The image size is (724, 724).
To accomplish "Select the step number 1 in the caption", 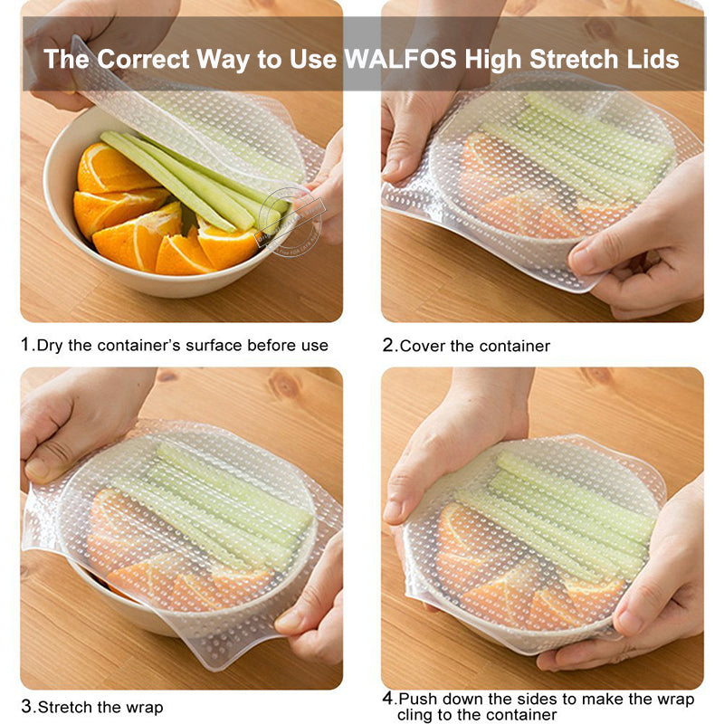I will [x=25, y=345].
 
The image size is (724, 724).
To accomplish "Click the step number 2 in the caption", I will [x=387, y=345].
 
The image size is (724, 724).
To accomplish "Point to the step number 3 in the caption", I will [x=26, y=706].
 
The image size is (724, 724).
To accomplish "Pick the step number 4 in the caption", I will [x=387, y=699].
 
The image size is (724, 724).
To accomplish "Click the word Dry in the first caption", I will [x=50, y=345].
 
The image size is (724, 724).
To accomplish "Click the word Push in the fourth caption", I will [x=418, y=699].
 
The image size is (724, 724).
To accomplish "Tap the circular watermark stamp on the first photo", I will [x=290, y=221].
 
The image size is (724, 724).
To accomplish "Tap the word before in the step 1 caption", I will [x=269, y=345].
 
